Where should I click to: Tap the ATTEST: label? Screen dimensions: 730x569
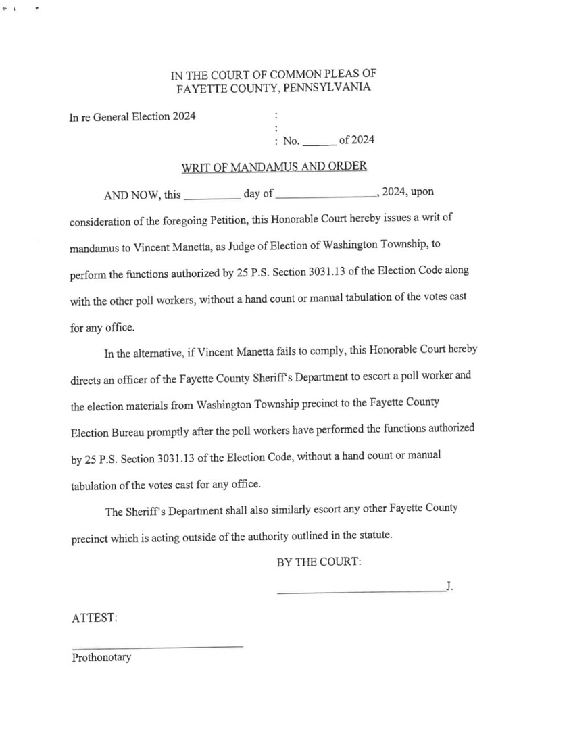coord(95,618)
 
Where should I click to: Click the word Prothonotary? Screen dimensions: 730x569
coord(101,657)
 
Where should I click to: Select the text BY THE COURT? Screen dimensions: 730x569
coord(319,562)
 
